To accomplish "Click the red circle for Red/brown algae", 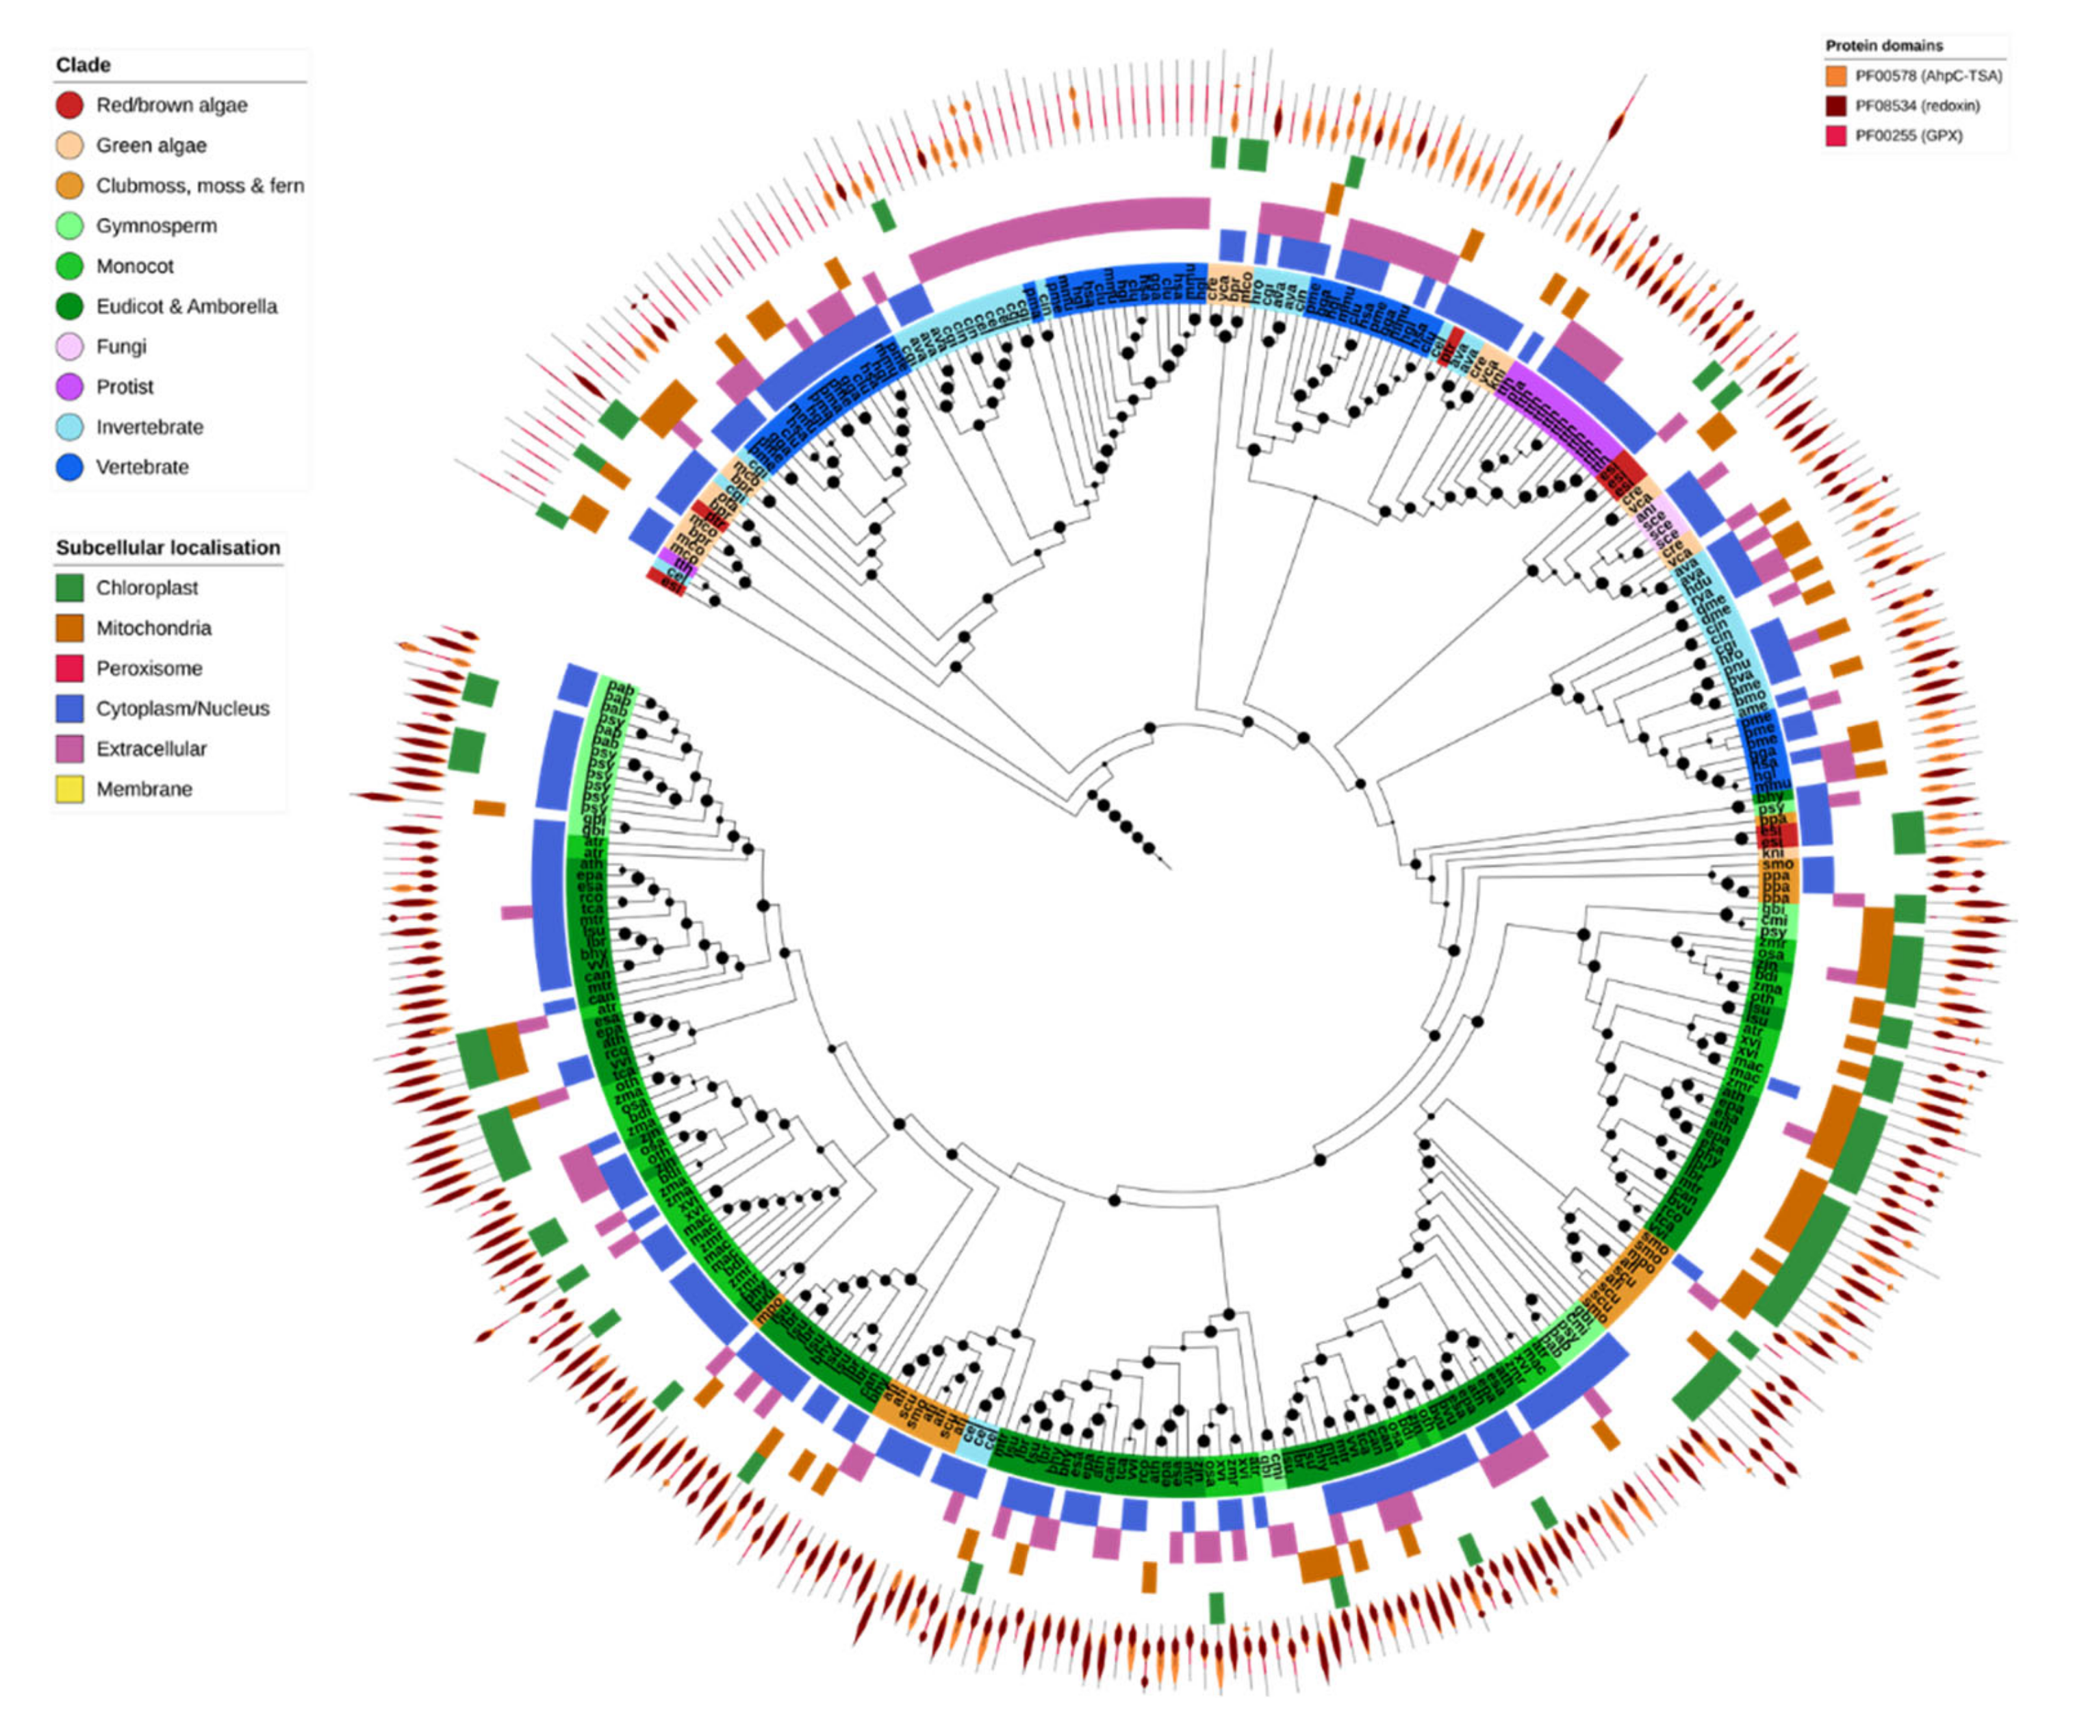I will pos(69,105).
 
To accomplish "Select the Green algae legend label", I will pos(151,145).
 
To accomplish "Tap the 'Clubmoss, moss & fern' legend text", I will pos(199,186).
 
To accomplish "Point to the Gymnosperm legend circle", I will pos(69,226).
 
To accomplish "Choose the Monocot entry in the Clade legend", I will pos(134,266).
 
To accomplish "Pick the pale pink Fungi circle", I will pos(69,346).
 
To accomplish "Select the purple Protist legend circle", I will pos(69,387).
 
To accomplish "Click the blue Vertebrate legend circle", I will pos(69,467).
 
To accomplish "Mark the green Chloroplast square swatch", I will pos(69,587).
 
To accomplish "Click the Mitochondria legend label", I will pos(153,628).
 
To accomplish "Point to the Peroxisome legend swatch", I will pos(69,668).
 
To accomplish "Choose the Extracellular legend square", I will pos(69,748).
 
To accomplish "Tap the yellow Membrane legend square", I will pos(69,789).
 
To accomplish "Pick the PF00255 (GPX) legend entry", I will pos(1908,136).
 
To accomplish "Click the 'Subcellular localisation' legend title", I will pos(168,548).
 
